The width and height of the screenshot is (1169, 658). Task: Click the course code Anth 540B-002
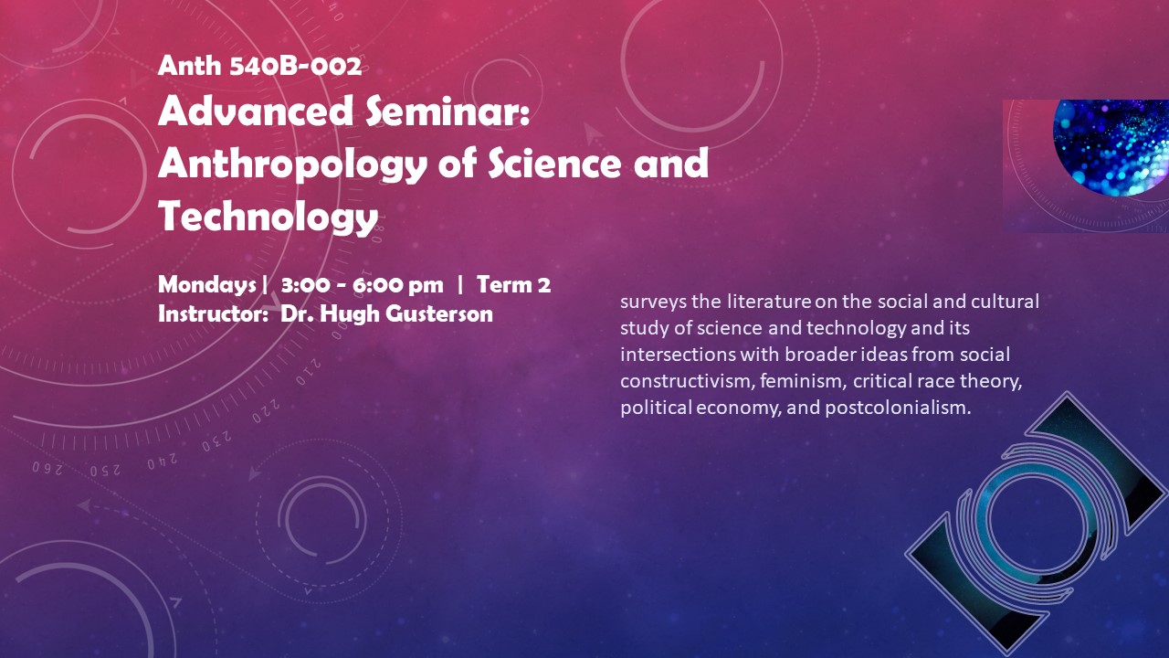259,66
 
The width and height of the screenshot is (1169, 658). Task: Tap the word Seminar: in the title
448,111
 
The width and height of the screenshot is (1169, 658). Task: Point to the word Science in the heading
554,163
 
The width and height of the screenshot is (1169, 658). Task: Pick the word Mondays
207,286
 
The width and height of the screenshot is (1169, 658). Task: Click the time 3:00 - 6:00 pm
363,285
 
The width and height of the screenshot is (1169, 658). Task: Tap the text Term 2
513,284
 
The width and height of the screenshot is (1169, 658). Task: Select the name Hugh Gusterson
406,314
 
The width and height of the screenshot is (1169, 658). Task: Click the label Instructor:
214,313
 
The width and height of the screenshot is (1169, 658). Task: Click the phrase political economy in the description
700,408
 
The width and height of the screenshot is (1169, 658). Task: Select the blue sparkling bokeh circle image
1111,148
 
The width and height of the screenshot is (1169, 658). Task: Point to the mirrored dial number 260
47,469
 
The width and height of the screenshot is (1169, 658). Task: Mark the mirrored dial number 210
309,371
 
